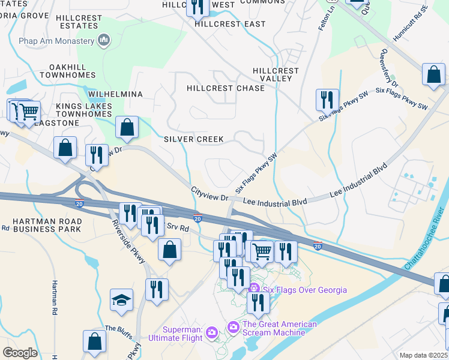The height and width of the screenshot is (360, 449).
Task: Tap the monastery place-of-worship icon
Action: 104,40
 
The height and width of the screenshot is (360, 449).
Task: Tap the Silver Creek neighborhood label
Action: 194,139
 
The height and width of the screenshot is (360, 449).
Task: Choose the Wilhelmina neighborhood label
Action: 115,95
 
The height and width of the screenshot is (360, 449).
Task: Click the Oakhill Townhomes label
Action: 67,71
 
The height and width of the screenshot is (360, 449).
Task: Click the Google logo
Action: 20,352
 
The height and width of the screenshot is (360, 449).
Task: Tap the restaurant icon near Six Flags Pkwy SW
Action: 327,100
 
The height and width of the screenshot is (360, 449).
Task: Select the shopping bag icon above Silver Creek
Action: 127,127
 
